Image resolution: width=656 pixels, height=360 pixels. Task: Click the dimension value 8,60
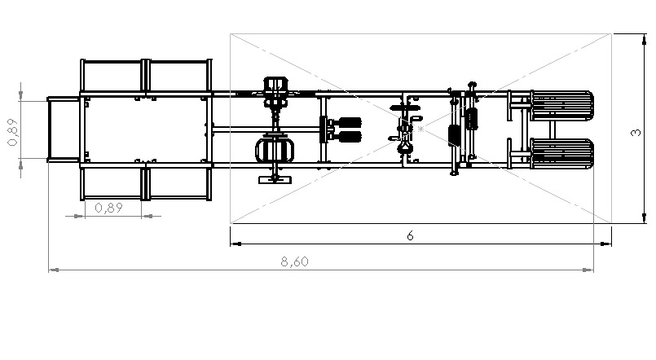click(x=294, y=261)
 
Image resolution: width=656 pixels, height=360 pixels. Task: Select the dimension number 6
click(x=410, y=236)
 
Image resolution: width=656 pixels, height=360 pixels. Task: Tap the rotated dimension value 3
click(x=636, y=133)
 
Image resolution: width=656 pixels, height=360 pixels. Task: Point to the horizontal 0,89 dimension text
click(x=108, y=208)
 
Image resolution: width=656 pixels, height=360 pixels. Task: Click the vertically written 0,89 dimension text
click(x=13, y=132)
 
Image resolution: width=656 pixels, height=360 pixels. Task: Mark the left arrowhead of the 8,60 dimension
click(x=53, y=270)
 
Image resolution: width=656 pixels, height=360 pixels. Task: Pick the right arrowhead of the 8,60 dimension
click(x=588, y=270)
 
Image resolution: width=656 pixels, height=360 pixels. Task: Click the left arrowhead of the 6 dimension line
click(x=236, y=244)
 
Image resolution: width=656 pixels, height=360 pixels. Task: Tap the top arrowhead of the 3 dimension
click(x=645, y=39)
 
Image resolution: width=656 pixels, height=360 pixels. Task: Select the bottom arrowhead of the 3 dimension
click(x=645, y=217)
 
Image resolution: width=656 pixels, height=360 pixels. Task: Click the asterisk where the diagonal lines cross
click(x=420, y=129)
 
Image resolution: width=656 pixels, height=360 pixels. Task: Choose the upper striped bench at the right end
click(x=561, y=105)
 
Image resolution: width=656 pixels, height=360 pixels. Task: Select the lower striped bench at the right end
click(x=561, y=153)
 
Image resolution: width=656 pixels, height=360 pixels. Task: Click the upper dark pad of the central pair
click(x=350, y=122)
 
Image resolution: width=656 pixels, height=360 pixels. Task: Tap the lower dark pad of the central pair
click(x=350, y=137)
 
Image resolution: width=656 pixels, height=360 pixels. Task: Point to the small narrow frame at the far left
click(x=64, y=130)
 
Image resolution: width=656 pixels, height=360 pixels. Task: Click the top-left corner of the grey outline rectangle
click(x=231, y=34)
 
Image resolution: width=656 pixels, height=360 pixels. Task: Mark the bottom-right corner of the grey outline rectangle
click(x=611, y=223)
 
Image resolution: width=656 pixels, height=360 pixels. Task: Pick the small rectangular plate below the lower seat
click(x=275, y=180)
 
